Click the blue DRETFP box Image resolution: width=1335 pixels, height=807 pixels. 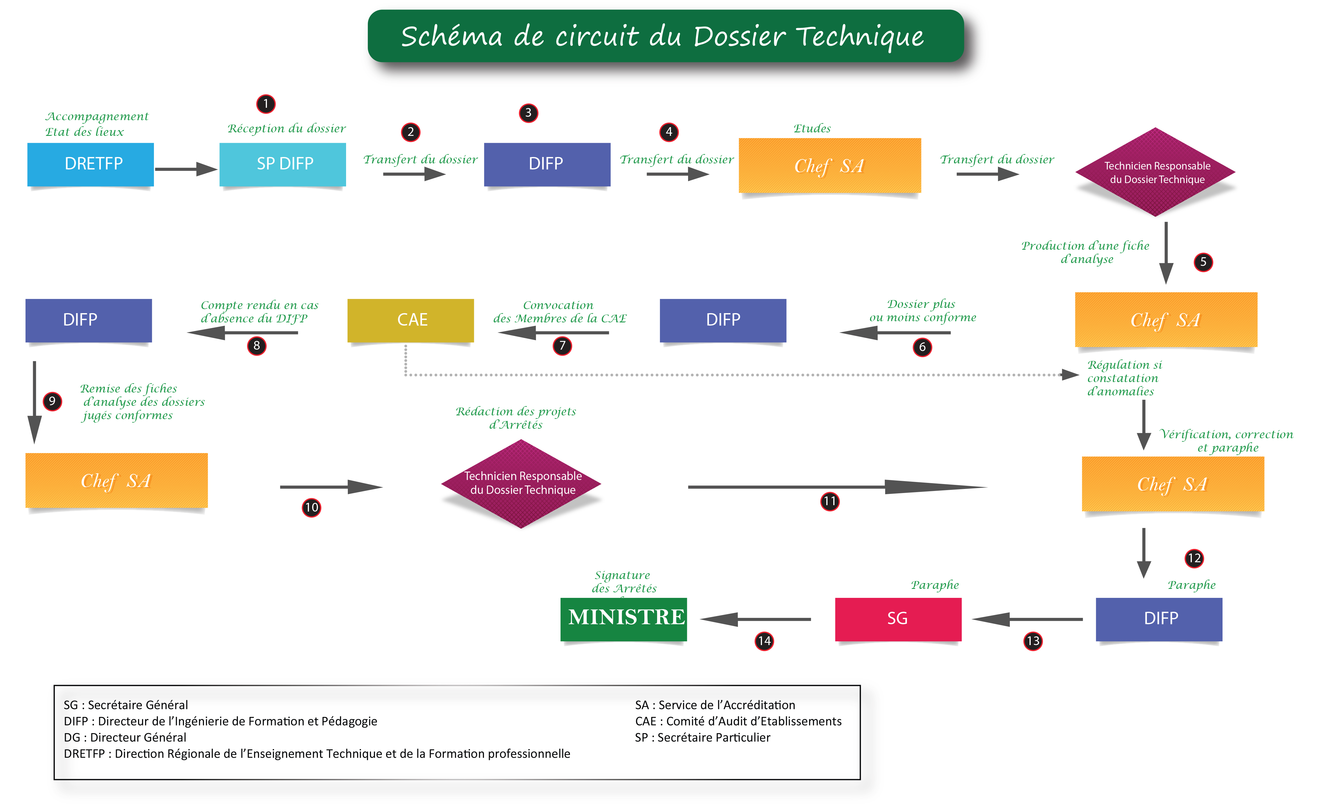tap(90, 164)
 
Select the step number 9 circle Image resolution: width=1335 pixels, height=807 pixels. tap(52, 401)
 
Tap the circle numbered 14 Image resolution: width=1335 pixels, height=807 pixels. tap(764, 641)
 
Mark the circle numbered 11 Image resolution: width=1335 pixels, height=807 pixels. tap(830, 501)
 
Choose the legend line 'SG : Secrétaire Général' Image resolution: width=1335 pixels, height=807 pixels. tap(126, 705)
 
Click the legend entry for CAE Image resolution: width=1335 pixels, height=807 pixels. tap(738, 721)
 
